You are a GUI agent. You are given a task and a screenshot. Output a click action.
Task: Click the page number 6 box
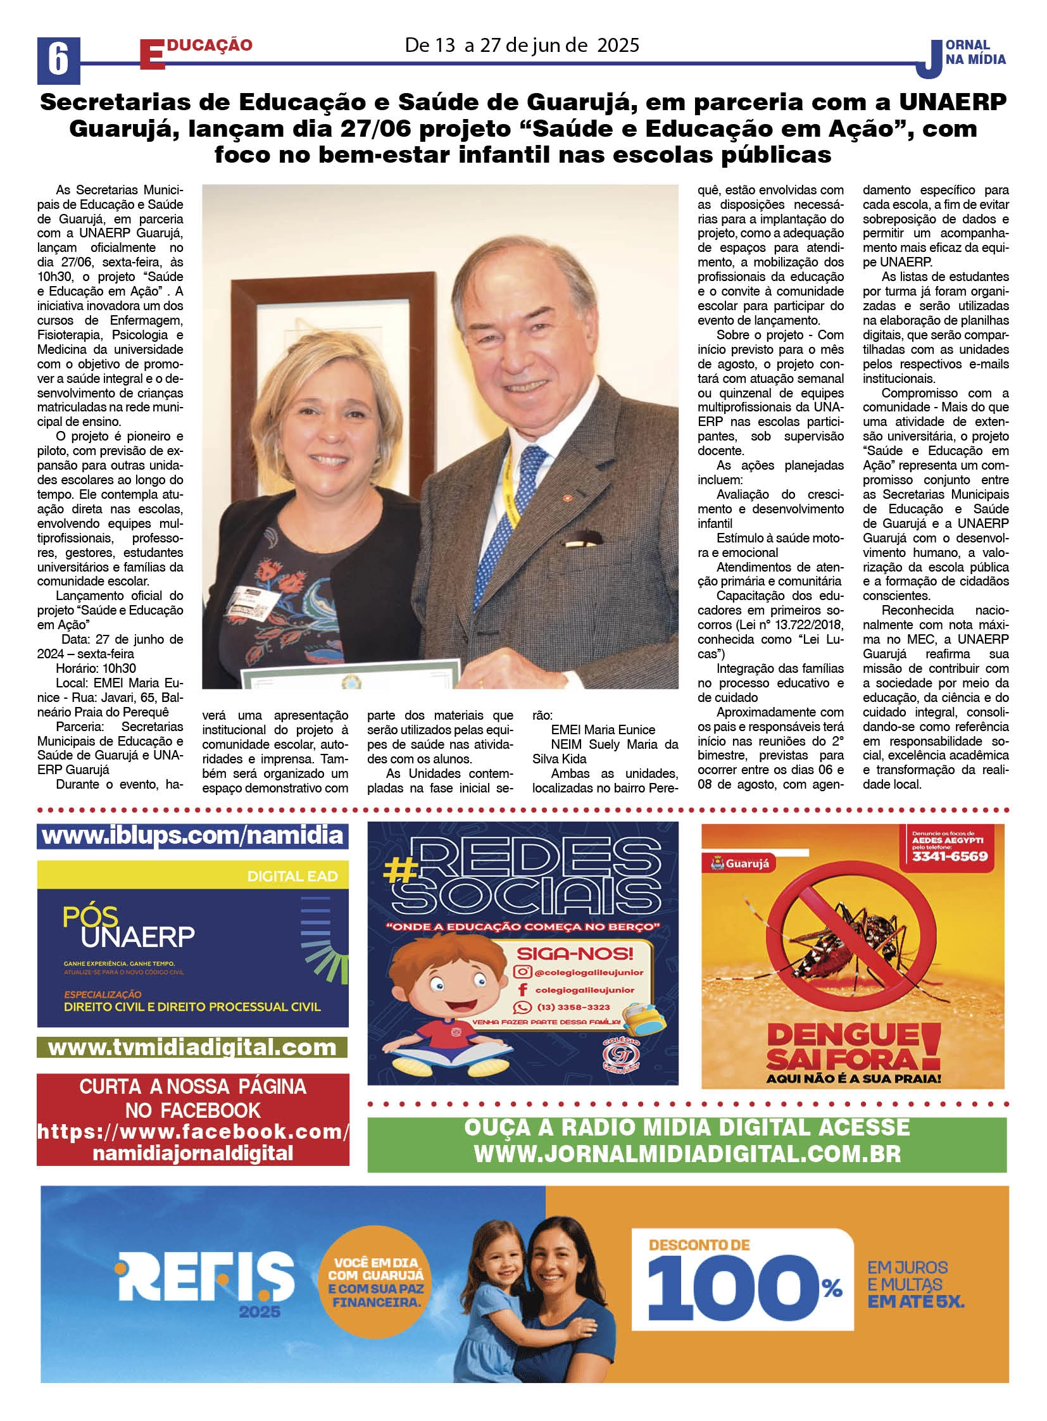click(58, 60)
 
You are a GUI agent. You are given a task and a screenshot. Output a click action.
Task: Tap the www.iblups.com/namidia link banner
click(192, 836)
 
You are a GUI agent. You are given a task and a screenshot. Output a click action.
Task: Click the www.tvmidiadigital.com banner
click(192, 1047)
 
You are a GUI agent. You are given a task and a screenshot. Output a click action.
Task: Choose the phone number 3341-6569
click(950, 856)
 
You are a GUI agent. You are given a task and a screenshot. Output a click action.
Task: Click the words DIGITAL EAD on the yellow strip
click(292, 877)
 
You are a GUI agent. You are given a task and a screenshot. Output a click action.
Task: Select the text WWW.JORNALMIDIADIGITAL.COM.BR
click(687, 1154)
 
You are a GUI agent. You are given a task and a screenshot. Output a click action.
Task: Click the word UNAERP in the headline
click(951, 102)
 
